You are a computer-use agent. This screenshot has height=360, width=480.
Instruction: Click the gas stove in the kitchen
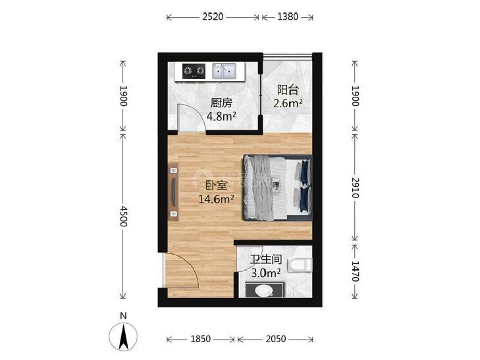coord(194,71)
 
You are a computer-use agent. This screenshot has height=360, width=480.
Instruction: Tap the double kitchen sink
coord(224,71)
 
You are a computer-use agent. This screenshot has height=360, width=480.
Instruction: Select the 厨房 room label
coord(221,103)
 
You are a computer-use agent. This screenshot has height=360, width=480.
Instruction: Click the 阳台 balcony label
coord(288,90)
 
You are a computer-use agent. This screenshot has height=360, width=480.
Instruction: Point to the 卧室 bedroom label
coord(216,186)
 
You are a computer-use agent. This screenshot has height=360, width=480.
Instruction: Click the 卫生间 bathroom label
coord(266,260)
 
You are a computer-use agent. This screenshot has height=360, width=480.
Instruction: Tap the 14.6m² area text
coord(217,199)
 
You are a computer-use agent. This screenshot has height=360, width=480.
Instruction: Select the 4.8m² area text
coord(221,116)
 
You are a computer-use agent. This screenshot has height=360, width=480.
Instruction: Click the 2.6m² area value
coord(288,103)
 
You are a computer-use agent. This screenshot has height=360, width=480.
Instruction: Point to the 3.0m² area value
coord(266,273)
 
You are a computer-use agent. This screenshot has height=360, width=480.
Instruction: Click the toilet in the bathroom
coord(301,265)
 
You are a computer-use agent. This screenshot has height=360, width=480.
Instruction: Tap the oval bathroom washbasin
coord(265,290)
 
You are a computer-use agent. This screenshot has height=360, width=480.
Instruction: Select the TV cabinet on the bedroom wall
coord(174,192)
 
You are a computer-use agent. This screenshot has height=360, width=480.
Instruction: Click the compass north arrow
coord(123,336)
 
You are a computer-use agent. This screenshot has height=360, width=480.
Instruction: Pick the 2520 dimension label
coord(213,17)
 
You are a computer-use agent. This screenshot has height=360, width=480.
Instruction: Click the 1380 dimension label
coord(288,17)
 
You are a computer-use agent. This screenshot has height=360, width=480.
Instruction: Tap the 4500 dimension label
coord(123,216)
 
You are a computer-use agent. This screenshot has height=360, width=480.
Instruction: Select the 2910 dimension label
coord(355,188)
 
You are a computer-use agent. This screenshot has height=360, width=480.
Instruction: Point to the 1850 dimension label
coord(201,339)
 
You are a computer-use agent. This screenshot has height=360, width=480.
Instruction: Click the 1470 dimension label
coord(355,271)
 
